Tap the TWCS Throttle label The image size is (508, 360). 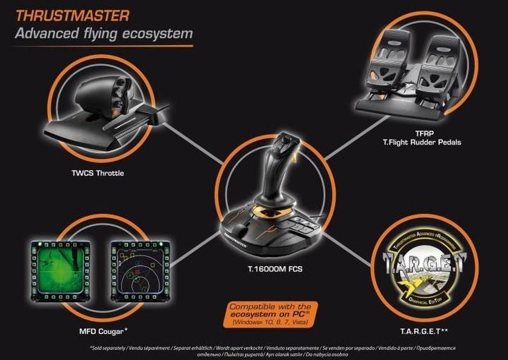click(x=97, y=173)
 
